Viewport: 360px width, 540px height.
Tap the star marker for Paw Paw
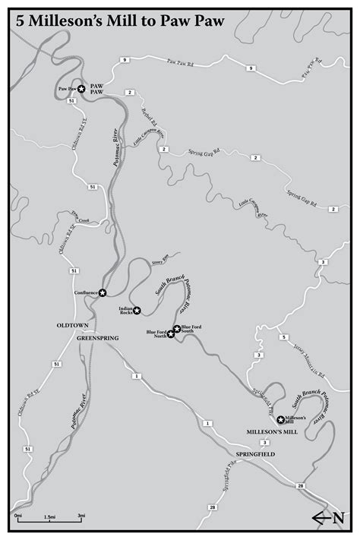click(x=81, y=89)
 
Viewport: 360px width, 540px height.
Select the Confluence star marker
click(x=103, y=292)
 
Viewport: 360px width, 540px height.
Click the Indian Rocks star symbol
click(x=137, y=310)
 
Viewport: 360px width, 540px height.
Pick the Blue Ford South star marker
click(x=177, y=329)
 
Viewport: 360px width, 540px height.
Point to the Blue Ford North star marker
click(x=171, y=334)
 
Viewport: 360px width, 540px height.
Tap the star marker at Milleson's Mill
click(x=281, y=419)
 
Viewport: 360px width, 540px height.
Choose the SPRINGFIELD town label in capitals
click(x=255, y=453)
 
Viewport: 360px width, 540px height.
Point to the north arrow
click(x=328, y=518)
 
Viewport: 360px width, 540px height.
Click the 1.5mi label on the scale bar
click(x=48, y=516)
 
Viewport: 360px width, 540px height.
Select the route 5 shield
click(x=281, y=337)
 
